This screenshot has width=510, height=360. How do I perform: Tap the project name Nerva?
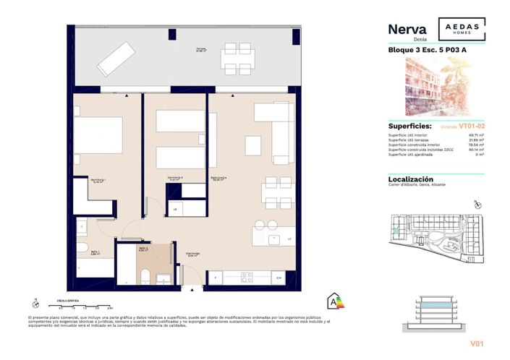click(x=407, y=29)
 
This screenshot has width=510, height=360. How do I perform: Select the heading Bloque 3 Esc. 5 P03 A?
click(x=421, y=50)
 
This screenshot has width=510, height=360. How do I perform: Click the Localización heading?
click(x=411, y=179)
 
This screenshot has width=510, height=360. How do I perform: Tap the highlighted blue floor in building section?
click(x=439, y=307)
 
